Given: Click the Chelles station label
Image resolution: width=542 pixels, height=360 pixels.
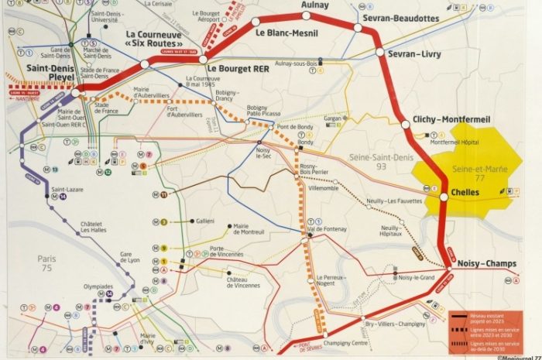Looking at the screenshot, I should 465,192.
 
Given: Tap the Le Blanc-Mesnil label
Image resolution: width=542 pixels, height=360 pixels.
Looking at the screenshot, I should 289,33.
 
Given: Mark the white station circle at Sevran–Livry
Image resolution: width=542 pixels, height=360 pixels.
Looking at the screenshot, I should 380,53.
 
